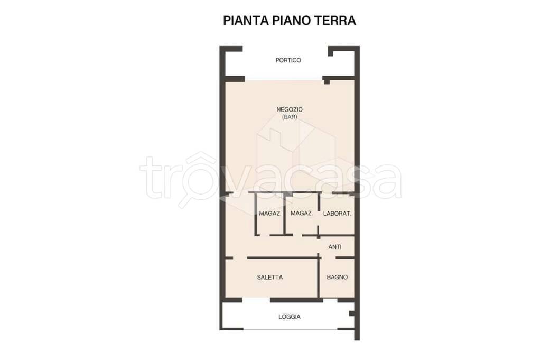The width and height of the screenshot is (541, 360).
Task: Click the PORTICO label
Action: [x=288, y=60]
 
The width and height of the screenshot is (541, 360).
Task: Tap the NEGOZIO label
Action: [x=290, y=110]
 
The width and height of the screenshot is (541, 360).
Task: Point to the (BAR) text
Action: [x=290, y=117]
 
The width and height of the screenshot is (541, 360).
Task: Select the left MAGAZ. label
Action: [x=270, y=214]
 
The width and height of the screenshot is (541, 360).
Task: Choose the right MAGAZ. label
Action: [x=302, y=214]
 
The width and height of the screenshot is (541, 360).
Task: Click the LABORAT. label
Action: [x=337, y=214]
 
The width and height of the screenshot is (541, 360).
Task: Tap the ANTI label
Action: [x=335, y=247]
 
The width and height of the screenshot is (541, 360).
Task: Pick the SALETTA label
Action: [x=270, y=277]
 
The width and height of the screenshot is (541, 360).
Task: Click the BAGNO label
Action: [x=337, y=277]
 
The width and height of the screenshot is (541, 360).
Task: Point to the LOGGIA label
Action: [x=290, y=317]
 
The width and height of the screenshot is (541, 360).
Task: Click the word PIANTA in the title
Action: [x=246, y=21]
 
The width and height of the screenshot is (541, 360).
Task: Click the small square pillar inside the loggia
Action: [x=352, y=313]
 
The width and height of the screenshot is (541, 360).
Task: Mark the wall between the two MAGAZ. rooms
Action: [x=284, y=214]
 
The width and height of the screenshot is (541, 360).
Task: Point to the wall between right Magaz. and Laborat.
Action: [x=319, y=214]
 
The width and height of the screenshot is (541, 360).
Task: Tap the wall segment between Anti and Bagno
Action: [x=346, y=258]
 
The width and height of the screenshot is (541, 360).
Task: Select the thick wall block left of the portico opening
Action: [x=235, y=79]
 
